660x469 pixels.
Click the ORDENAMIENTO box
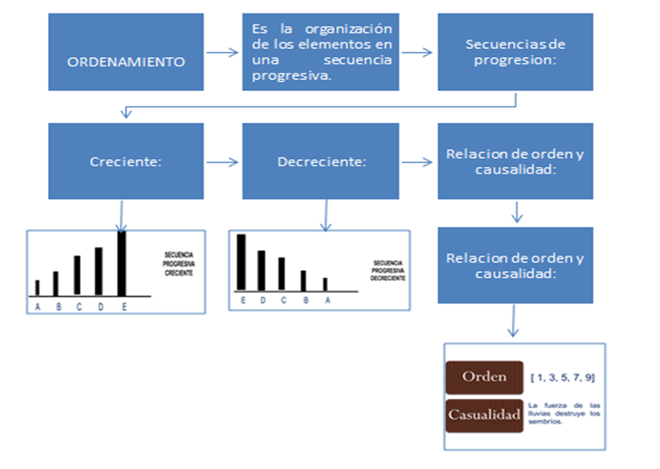[x=127, y=62]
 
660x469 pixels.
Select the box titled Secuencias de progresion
[x=515, y=52]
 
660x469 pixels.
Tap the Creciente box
[x=127, y=162]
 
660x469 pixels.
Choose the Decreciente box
[x=320, y=162]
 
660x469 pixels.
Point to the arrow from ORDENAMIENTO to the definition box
[x=223, y=54]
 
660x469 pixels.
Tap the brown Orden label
[x=484, y=376]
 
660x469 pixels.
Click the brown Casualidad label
[x=484, y=414]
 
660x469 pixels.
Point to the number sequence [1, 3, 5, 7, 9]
[x=563, y=376]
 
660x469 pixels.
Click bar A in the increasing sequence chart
[x=37, y=287]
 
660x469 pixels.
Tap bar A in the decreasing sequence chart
[x=325, y=284]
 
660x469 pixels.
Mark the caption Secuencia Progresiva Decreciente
[x=387, y=271]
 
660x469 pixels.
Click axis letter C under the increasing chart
[x=79, y=306]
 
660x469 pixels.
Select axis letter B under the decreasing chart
[x=304, y=300]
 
